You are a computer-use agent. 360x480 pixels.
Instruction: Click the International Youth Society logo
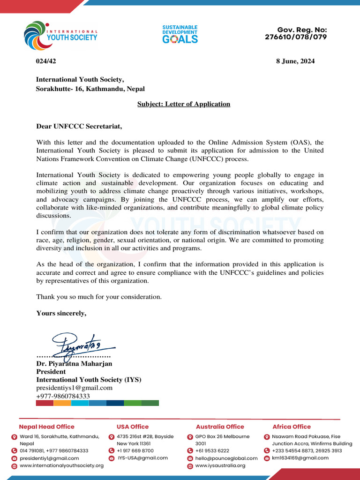pyautogui.click(x=60, y=35)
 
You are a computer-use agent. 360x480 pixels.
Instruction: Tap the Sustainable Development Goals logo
pyautogui.click(x=180, y=34)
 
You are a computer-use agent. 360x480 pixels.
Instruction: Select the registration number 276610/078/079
pyautogui.click(x=296, y=37)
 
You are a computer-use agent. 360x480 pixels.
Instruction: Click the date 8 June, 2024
pyautogui.click(x=295, y=61)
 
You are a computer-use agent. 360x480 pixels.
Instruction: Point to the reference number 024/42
pyautogui.click(x=46, y=61)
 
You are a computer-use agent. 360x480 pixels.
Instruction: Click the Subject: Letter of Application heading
pyautogui.click(x=184, y=104)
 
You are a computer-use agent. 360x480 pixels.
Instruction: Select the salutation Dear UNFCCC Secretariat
pyautogui.click(x=79, y=126)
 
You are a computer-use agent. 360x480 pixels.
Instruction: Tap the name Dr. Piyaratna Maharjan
pyautogui.click(x=74, y=363)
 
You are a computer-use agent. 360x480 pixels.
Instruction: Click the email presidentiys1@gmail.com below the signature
pyautogui.click(x=75, y=388)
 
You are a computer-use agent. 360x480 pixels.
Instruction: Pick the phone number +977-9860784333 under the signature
pyautogui.click(x=63, y=396)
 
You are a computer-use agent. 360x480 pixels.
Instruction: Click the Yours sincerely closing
pyautogui.click(x=61, y=313)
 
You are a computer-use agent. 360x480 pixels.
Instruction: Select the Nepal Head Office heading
pyautogui.click(x=46, y=427)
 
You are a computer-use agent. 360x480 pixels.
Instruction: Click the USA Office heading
pyautogui.click(x=133, y=427)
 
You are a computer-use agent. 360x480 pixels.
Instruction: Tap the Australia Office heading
pyautogui.click(x=220, y=427)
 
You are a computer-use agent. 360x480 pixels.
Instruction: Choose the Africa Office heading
pyautogui.click(x=292, y=427)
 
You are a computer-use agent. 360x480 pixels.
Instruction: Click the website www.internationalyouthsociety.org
pyautogui.click(x=61, y=465)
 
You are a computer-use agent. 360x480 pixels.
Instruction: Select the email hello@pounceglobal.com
pyautogui.click(x=226, y=458)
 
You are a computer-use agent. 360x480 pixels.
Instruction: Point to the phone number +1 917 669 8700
pyautogui.click(x=135, y=450)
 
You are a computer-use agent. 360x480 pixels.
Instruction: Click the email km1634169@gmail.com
pyautogui.click(x=300, y=458)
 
